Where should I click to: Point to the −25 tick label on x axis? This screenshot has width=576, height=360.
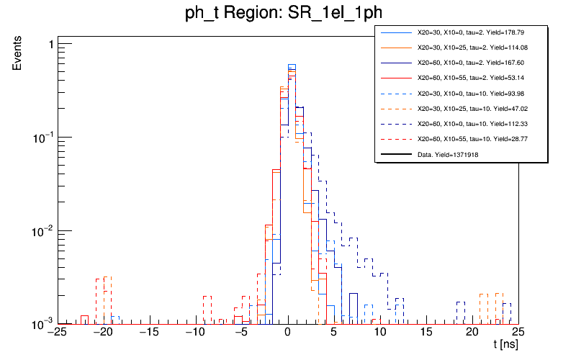(x=58, y=333)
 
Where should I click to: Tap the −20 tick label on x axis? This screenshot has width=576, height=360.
(x=104, y=333)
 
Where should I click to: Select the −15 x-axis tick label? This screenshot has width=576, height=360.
(x=150, y=333)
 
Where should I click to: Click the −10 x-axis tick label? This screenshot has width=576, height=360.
(x=196, y=333)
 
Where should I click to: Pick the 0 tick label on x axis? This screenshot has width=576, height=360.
(x=287, y=333)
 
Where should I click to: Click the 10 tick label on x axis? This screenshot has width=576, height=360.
(x=379, y=333)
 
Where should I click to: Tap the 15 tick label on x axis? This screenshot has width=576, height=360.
(x=426, y=333)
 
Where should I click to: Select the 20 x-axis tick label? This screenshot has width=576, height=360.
(x=472, y=333)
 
